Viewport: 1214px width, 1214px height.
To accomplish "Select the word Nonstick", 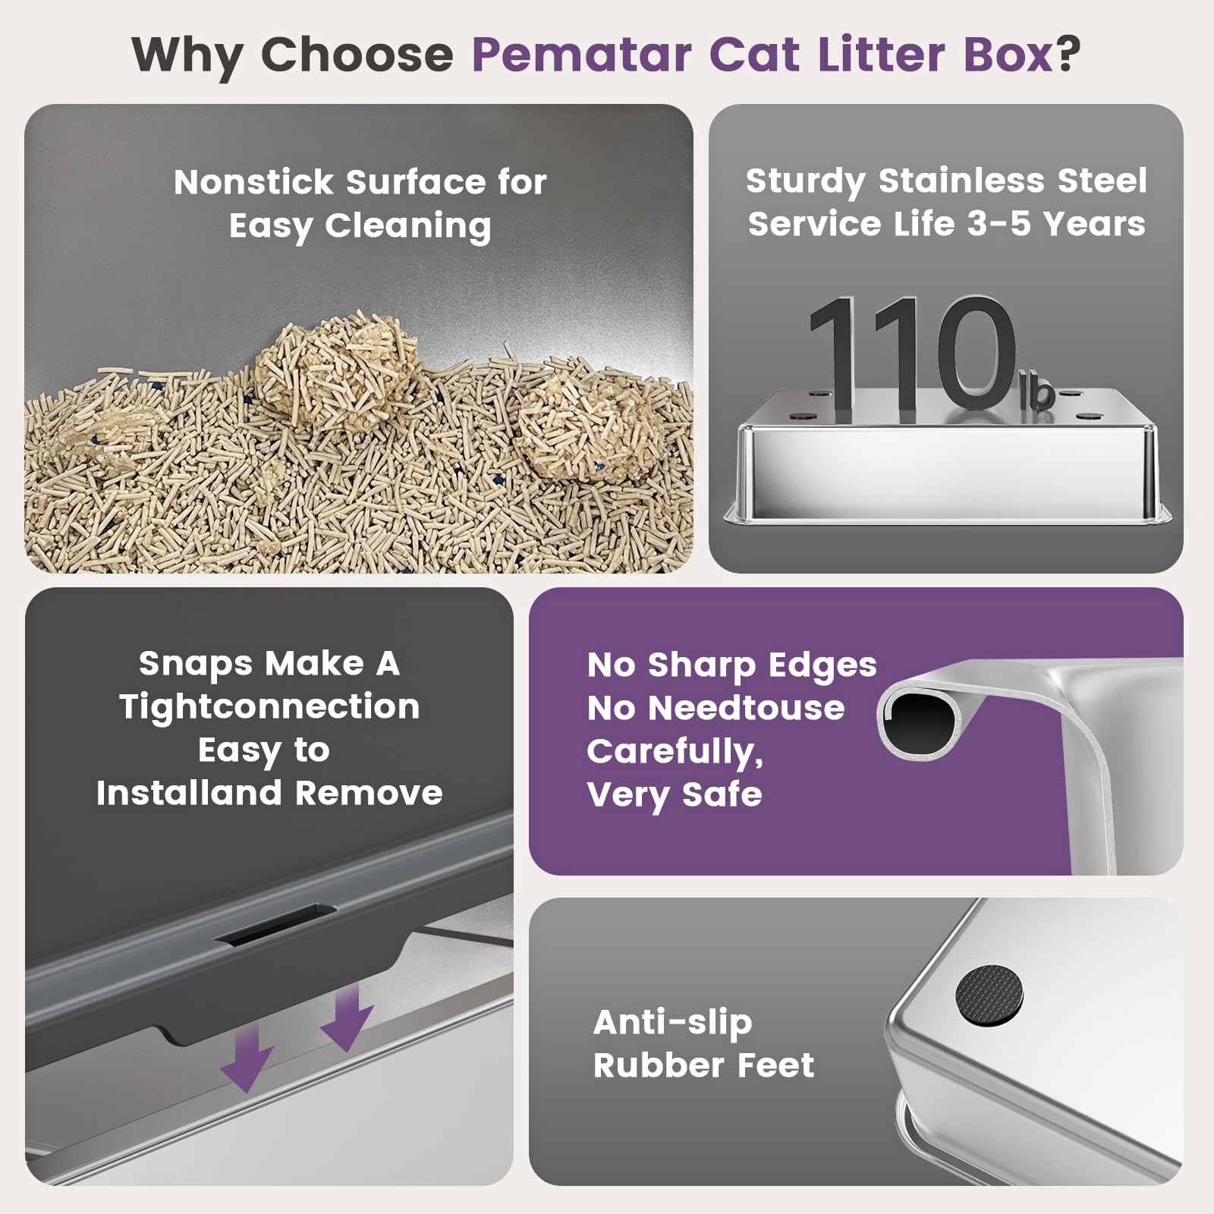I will (253, 182).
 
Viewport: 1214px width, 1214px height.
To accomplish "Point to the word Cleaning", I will (408, 226).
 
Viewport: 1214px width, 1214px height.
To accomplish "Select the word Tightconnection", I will (269, 707).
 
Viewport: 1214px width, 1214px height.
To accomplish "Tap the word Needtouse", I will (746, 709).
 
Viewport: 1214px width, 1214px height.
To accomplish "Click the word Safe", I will (722, 794).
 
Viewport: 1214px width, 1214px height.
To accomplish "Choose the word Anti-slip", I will (672, 1023).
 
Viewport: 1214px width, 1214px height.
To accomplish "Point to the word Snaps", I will (196, 664).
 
